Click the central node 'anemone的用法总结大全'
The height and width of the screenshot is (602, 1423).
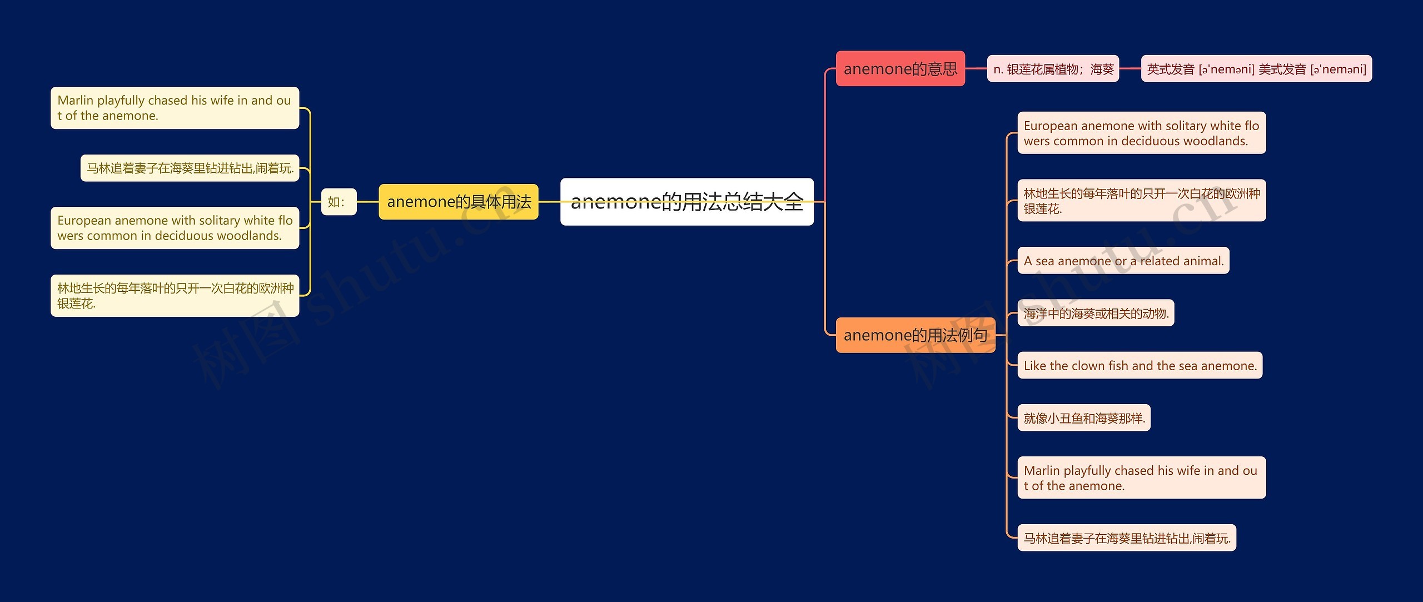686,202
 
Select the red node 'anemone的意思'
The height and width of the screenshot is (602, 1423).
900,69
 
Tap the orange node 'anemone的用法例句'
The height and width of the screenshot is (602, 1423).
915,335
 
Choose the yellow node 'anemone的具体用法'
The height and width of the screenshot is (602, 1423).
459,202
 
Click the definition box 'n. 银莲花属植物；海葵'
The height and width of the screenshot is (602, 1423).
1053,69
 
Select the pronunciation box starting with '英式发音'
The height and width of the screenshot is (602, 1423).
1256,69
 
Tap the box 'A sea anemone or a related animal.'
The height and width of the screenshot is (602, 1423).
1123,261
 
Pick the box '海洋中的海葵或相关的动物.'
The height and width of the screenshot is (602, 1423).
1096,314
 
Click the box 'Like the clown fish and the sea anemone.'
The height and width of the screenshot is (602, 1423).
1140,366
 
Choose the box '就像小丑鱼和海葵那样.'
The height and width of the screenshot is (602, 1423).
1084,418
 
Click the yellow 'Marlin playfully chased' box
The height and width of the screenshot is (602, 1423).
175,108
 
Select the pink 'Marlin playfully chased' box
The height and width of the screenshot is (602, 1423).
1141,478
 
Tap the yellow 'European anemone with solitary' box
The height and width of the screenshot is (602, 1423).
175,228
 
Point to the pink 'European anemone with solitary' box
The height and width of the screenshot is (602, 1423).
1141,133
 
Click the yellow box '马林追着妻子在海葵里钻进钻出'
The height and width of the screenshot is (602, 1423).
190,168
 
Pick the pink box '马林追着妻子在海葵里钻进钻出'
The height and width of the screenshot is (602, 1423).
1127,538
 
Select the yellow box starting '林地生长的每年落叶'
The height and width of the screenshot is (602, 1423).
175,296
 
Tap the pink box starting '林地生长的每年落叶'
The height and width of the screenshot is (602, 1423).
1141,201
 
